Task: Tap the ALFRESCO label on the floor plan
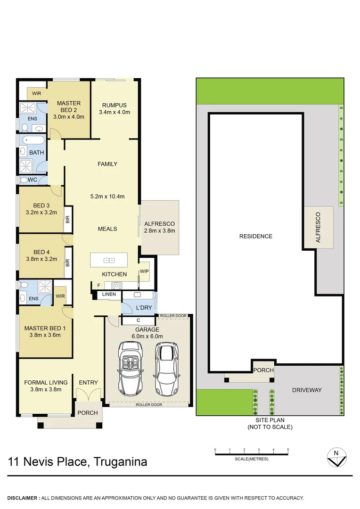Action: [159, 224]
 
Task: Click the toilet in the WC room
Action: [24, 180]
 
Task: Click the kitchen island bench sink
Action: [109, 260]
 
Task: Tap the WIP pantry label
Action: [144, 271]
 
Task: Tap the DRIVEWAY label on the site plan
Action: [306, 390]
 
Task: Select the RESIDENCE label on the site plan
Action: [255, 236]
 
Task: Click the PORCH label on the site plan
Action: [263, 370]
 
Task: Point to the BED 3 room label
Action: [41, 205]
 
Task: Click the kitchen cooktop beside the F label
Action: [116, 285]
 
